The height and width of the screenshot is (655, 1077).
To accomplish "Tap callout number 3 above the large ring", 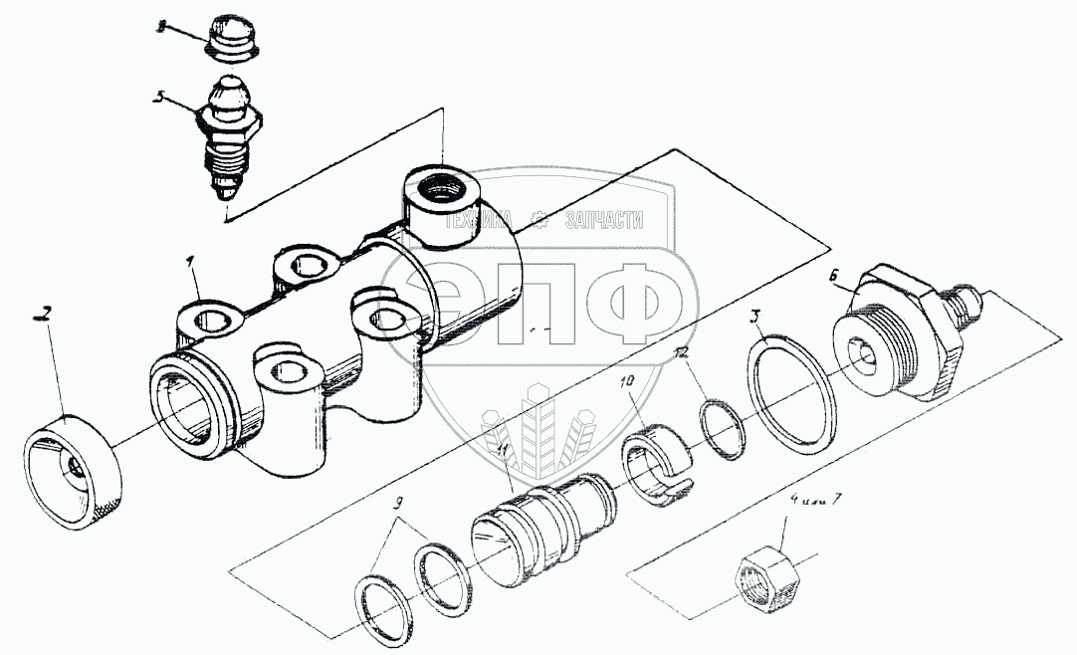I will coord(756,318).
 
